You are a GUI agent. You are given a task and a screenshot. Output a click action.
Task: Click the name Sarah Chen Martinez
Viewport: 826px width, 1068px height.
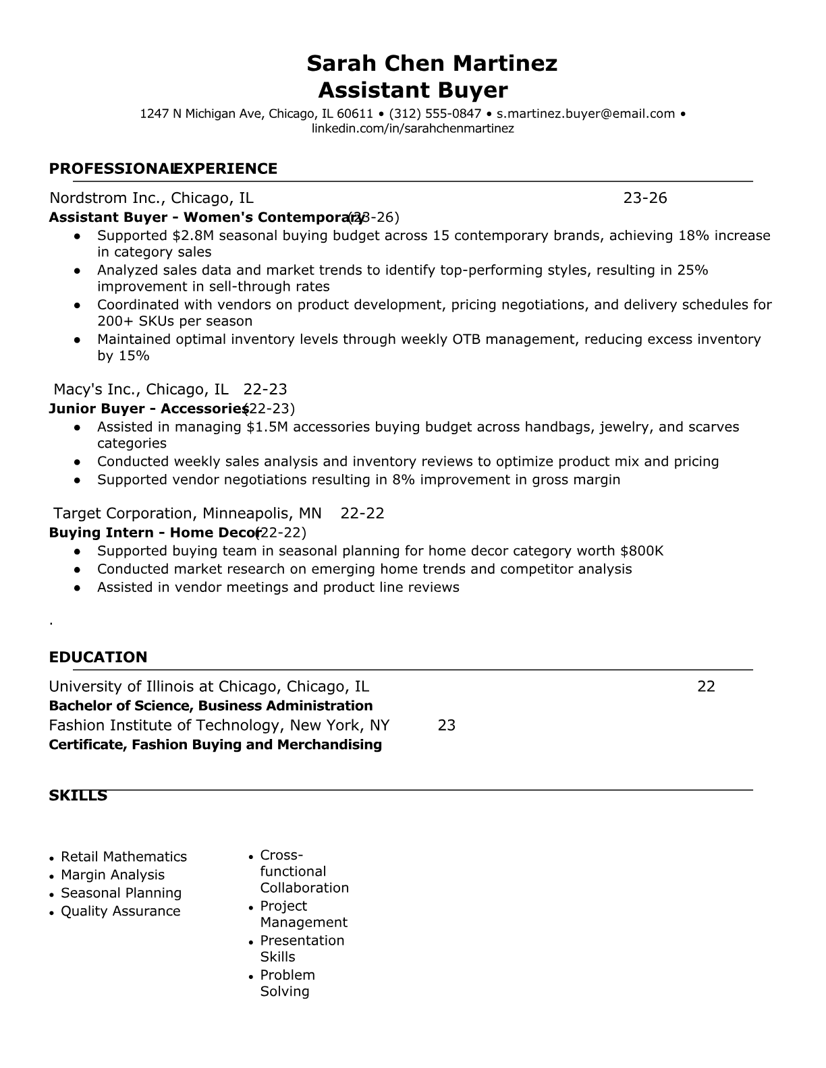pos(432,63)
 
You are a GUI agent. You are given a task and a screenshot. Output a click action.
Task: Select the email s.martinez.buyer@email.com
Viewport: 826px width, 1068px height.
pos(586,114)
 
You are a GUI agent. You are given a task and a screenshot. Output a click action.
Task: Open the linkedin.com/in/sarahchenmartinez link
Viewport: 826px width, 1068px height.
pos(412,129)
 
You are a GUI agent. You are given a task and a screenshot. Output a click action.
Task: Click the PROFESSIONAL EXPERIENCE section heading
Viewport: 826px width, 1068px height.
pos(163,169)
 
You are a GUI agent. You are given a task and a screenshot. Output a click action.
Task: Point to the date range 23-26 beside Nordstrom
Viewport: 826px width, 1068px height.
pos(644,198)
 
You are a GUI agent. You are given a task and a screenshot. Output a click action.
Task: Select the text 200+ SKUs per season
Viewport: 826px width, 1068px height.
pos(175,322)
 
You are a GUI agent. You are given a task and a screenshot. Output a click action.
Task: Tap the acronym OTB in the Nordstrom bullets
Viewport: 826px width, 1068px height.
pos(466,339)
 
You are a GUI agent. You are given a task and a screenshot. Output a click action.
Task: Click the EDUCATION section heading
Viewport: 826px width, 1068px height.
pos(98,657)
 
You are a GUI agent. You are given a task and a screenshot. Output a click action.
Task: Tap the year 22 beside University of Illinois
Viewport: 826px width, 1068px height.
pos(706,687)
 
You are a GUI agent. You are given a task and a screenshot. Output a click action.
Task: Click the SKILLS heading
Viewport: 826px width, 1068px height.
pos(78,796)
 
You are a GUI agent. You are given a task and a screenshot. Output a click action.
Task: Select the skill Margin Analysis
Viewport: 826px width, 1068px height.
pos(113,875)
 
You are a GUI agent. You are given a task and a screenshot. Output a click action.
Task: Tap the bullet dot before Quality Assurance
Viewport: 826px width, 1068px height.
pos(52,913)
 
